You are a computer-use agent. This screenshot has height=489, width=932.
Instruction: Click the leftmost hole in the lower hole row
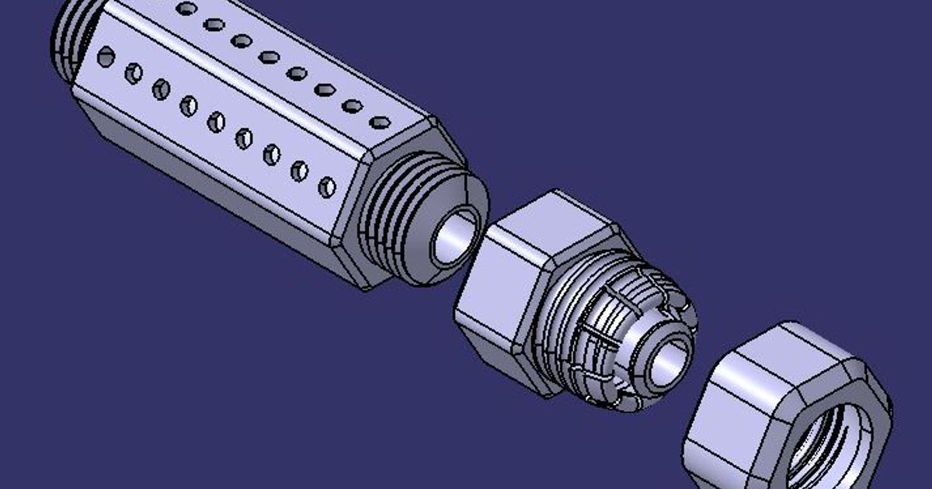(x=106, y=56)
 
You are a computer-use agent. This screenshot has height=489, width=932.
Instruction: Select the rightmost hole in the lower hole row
(x=327, y=187)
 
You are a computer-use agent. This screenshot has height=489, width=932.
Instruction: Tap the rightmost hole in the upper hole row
(x=380, y=122)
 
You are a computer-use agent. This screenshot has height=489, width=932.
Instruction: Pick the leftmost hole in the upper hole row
(x=186, y=9)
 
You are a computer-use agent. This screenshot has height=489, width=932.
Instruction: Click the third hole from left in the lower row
(x=161, y=88)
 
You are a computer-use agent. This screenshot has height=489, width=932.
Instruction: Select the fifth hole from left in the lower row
(x=216, y=122)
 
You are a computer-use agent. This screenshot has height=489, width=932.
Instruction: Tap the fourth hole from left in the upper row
(x=269, y=57)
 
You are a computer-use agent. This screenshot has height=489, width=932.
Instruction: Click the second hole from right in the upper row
(x=352, y=106)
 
